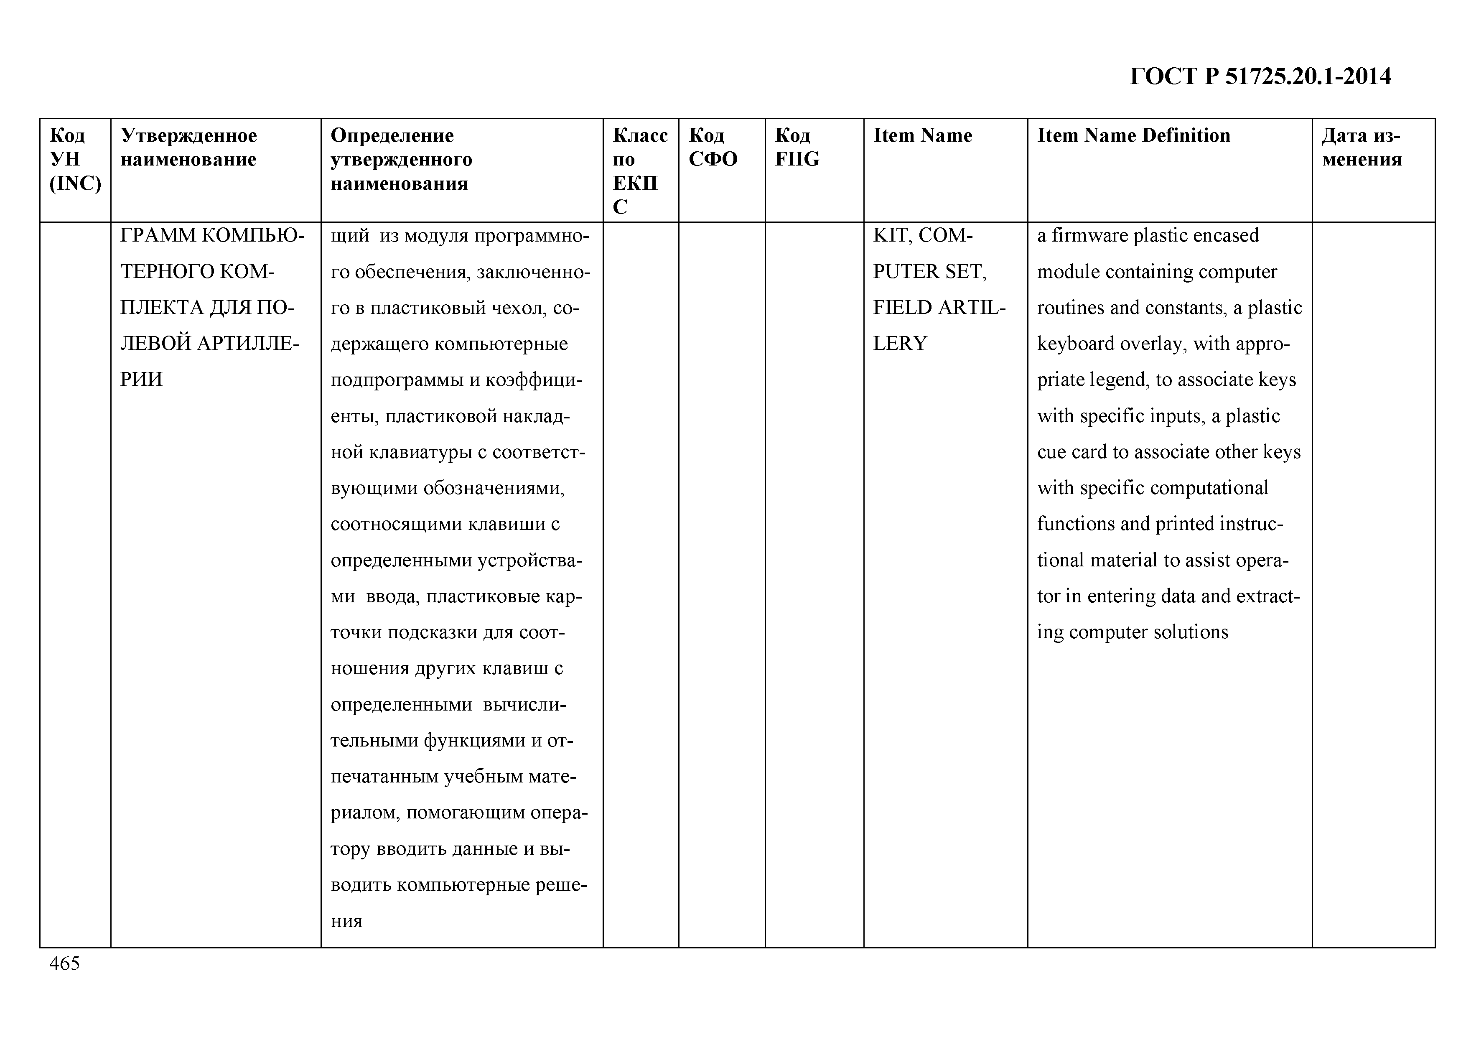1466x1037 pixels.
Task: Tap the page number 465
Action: pyautogui.click(x=64, y=963)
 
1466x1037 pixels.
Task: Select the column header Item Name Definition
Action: pyautogui.click(x=1133, y=135)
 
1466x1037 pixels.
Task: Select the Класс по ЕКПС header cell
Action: pyautogui.click(x=640, y=171)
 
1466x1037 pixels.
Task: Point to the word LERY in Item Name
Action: pyautogui.click(x=900, y=344)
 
